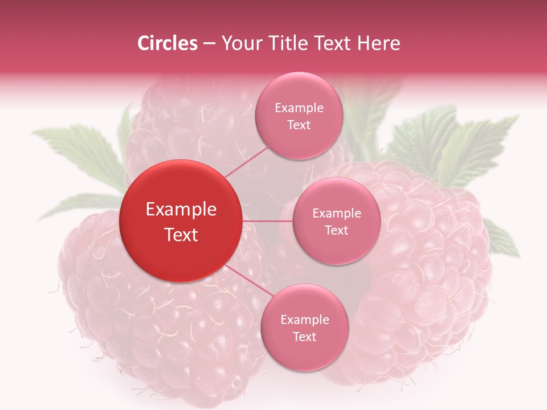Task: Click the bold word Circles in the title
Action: pyautogui.click(x=167, y=43)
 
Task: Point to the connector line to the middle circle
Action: pyautogui.click(x=268, y=220)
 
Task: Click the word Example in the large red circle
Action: pyautogui.click(x=181, y=210)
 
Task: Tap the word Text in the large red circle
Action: pyautogui.click(x=181, y=235)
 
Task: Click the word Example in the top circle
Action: pyautogui.click(x=299, y=108)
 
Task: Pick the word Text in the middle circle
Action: pyautogui.click(x=336, y=231)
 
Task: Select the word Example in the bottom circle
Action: pyautogui.click(x=305, y=320)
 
